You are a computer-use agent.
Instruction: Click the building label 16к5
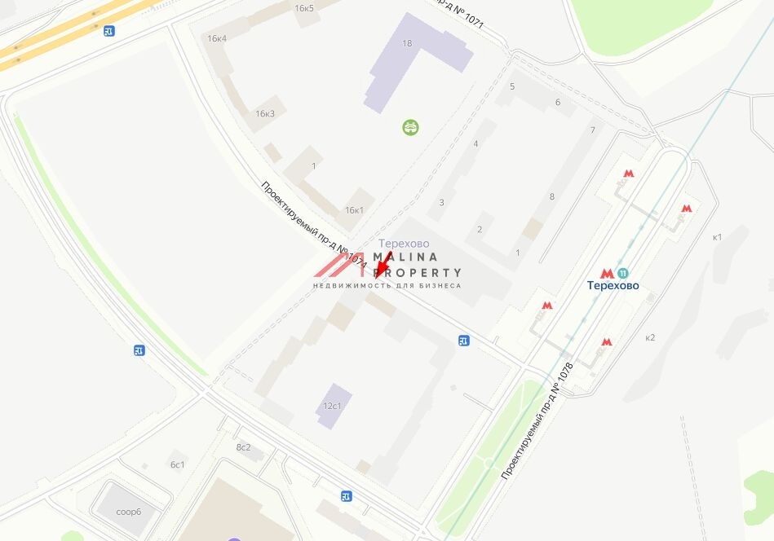pos(304,8)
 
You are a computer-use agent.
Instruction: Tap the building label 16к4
pos(217,38)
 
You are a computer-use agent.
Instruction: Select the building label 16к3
pos(265,113)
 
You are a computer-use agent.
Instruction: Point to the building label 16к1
pos(354,210)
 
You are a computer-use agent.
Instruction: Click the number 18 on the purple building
pos(407,43)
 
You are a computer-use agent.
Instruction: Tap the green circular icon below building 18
pos(410,127)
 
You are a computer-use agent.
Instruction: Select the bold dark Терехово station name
pos(613,286)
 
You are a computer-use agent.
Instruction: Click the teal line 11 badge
pos(624,274)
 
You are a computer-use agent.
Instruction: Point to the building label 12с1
pos(332,406)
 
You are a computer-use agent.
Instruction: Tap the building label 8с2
pos(243,447)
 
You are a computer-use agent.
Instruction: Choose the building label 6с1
pos(178,464)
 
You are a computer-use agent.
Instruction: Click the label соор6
pos(129,512)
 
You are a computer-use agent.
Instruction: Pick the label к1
pos(717,237)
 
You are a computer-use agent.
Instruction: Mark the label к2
pos(650,337)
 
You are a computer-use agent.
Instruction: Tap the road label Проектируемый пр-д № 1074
pos(314,225)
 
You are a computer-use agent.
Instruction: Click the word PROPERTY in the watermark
pos(418,273)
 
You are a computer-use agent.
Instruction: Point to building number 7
pos(593,130)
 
